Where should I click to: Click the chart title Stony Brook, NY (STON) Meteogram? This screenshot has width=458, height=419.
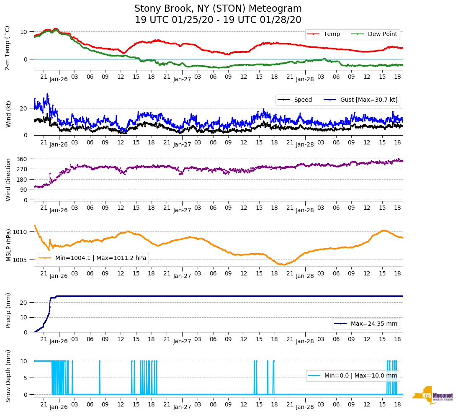click(x=218, y=9)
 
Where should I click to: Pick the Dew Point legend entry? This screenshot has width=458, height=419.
click(x=382, y=34)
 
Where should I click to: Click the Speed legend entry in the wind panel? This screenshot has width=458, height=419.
click(x=303, y=100)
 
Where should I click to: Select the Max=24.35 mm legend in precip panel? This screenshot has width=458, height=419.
click(x=375, y=324)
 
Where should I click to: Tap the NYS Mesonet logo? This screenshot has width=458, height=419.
click(x=432, y=395)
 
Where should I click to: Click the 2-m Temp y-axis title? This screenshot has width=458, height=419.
click(x=8, y=48)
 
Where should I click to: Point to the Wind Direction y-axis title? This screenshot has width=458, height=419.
click(x=8, y=179)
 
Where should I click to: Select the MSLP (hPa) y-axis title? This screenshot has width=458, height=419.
click(x=8, y=245)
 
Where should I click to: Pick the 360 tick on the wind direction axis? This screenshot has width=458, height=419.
click(x=22, y=159)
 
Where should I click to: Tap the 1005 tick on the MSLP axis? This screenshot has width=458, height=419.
click(x=21, y=260)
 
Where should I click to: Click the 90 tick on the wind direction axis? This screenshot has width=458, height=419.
click(x=24, y=190)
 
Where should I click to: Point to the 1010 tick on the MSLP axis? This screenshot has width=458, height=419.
click(x=21, y=232)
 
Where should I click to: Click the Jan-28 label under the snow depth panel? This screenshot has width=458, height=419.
click(x=305, y=407)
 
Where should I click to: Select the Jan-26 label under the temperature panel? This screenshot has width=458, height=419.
click(x=59, y=79)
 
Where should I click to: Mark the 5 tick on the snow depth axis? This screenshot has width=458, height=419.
click(x=26, y=378)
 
